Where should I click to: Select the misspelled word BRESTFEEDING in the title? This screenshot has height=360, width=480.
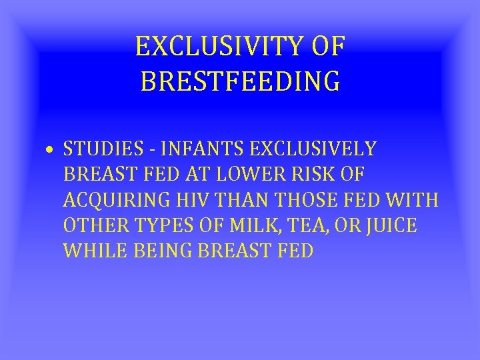click(x=241, y=81)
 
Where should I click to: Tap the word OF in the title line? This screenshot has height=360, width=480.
click(x=327, y=47)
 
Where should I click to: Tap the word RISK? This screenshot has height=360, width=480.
click(x=313, y=174)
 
